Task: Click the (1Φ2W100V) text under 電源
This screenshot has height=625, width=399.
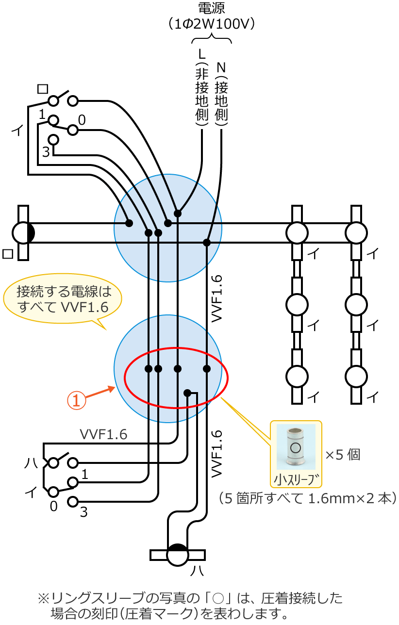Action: point(212,24)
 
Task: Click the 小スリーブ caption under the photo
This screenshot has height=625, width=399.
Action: point(296,479)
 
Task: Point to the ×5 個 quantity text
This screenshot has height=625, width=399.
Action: point(342,455)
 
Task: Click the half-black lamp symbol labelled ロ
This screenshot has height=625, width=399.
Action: point(23,233)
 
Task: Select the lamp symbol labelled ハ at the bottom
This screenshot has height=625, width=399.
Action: point(177,555)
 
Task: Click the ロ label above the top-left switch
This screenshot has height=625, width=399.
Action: point(43,88)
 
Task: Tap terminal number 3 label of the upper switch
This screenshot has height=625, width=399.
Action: point(45,152)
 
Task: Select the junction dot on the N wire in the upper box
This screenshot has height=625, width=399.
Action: point(207,242)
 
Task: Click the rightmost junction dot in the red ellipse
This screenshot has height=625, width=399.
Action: point(207,369)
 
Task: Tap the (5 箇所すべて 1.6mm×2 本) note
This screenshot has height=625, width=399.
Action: point(308,498)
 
